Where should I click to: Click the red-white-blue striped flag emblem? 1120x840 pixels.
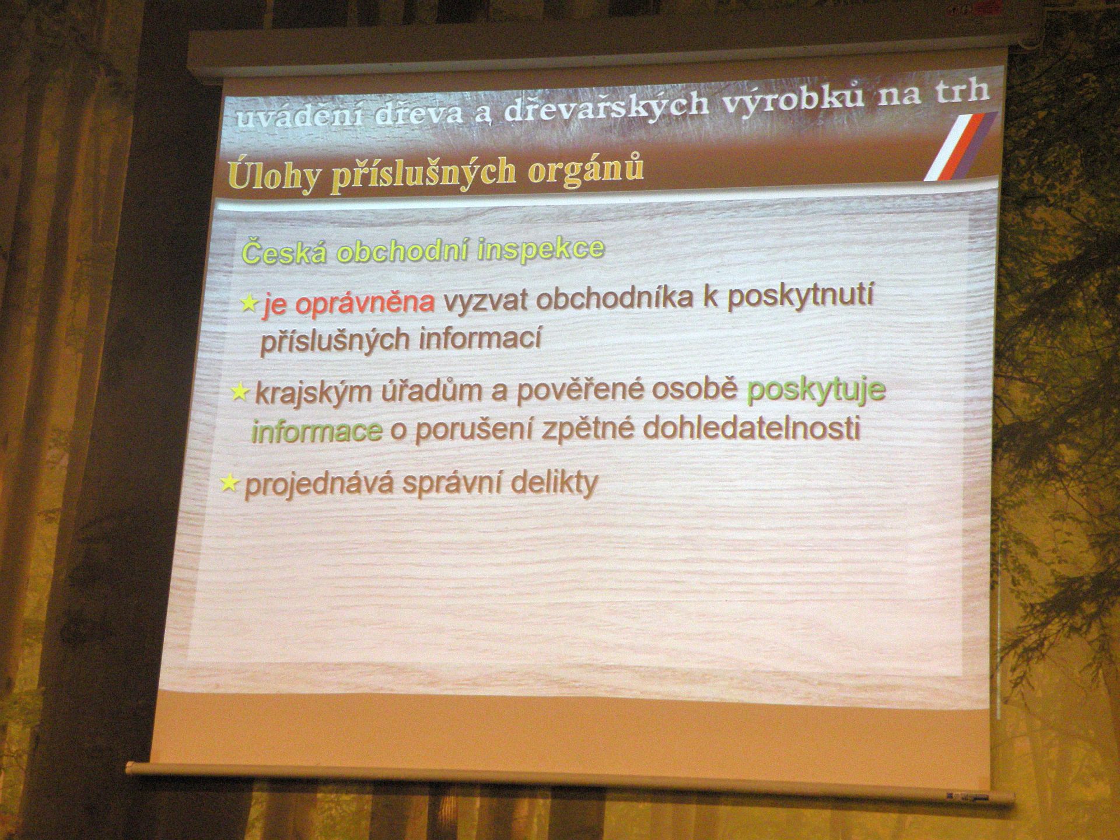coord(960,146)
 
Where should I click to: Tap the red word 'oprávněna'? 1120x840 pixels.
coord(365,302)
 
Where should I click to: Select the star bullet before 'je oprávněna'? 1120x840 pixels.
coord(249,303)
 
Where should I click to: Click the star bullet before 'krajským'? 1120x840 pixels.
coord(240,392)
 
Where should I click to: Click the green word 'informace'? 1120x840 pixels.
coord(317,431)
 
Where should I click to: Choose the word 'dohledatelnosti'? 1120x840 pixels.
coord(751,428)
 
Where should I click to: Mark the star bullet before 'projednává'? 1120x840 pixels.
coord(230,483)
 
